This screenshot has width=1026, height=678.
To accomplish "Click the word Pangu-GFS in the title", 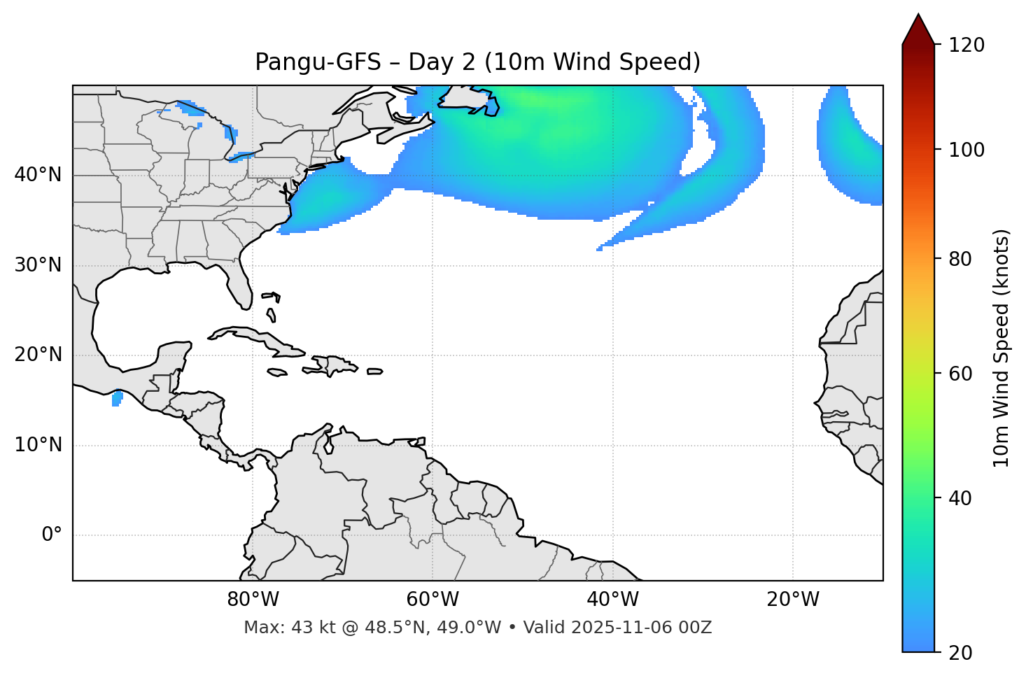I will pyautogui.click(x=318, y=62).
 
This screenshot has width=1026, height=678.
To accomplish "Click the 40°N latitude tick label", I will pyautogui.click(x=38, y=175).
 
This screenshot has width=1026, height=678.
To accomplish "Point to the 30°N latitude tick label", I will pyautogui.click(x=38, y=265).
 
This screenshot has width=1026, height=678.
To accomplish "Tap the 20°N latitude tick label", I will pyautogui.click(x=38, y=355).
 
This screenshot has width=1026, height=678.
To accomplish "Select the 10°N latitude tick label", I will pyautogui.click(x=38, y=445).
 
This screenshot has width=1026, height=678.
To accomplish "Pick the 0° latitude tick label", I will pyautogui.click(x=52, y=535).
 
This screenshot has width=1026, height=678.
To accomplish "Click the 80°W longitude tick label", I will pyautogui.click(x=253, y=600).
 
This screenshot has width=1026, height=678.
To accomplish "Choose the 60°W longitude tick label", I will pyautogui.click(x=433, y=600).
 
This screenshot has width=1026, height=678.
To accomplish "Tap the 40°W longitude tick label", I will pyautogui.click(x=612, y=600).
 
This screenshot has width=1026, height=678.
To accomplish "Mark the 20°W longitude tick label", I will pyautogui.click(x=792, y=600).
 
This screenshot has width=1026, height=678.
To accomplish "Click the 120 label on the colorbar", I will pyautogui.click(x=967, y=45).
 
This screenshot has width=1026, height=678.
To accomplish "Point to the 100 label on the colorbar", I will pyautogui.click(x=967, y=150).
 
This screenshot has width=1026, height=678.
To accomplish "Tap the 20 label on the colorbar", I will pyautogui.click(x=962, y=653).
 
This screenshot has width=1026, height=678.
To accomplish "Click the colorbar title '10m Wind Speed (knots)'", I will pyautogui.click(x=1002, y=348).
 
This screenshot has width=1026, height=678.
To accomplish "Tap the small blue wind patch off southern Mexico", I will pyautogui.click(x=117, y=399).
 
